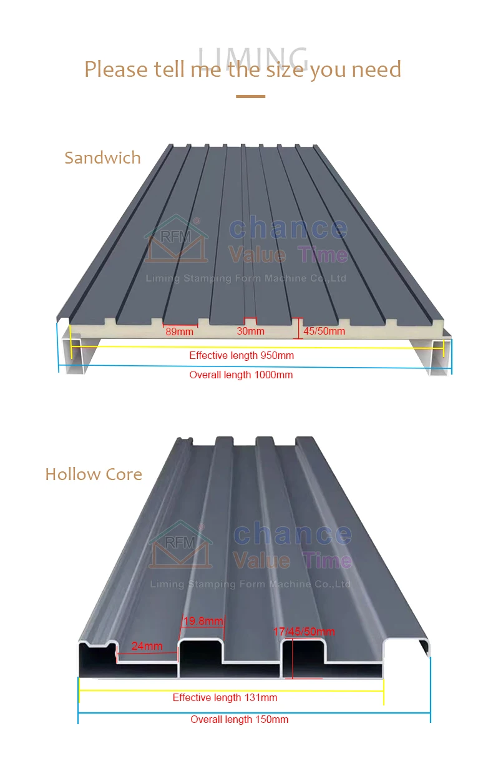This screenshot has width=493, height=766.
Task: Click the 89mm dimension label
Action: (x=179, y=331)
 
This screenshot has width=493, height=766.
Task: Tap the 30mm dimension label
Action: (x=250, y=331)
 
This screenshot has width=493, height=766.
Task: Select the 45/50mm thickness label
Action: (x=323, y=331)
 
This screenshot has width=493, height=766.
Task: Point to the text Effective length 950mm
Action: (x=242, y=356)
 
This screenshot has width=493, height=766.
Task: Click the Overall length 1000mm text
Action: (x=241, y=375)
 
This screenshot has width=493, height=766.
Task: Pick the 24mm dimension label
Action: (x=147, y=646)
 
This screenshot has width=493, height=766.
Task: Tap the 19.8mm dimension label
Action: (x=203, y=621)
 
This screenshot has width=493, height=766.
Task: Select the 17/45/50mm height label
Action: (x=304, y=632)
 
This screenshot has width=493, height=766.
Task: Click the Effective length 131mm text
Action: (x=225, y=698)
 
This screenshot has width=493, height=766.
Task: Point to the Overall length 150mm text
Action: (x=239, y=720)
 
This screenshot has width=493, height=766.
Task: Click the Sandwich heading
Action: (x=102, y=158)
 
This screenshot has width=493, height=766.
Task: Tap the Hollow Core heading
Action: (x=94, y=474)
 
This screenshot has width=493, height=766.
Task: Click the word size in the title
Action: (x=280, y=69)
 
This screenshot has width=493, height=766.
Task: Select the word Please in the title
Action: (x=117, y=69)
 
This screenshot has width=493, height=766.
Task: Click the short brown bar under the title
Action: (x=250, y=96)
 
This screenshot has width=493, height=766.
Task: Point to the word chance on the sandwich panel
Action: (x=288, y=228)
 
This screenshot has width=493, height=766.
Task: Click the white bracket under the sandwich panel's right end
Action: (x=440, y=359)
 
